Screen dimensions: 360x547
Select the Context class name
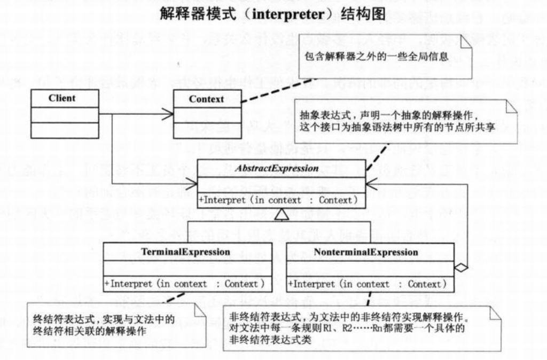[x=206, y=99]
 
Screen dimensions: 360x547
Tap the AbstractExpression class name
[x=282, y=169]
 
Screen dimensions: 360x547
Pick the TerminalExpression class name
[x=186, y=252]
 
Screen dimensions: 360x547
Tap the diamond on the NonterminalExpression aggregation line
[x=460, y=265]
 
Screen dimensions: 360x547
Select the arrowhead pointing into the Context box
[x=170, y=113]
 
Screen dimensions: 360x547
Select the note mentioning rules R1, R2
[x=362, y=328]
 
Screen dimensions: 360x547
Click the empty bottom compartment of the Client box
[x=64, y=130]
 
